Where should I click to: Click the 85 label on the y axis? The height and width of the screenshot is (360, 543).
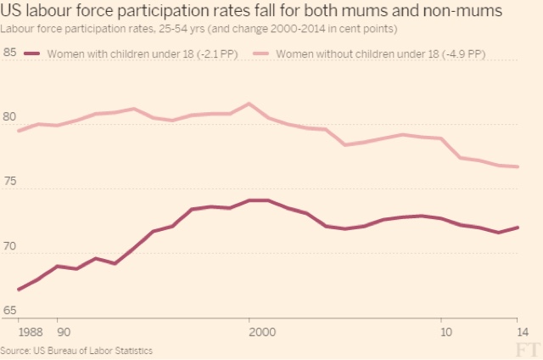pos(10,53)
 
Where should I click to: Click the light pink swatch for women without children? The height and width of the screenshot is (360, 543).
pos(262,54)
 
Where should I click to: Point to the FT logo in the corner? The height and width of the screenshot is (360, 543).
pos(527,349)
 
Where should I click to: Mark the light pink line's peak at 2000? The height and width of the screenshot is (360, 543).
pos(249,104)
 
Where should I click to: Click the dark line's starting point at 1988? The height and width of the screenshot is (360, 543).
pos(19,290)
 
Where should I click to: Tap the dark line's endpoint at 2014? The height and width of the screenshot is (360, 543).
pos(518,227)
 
